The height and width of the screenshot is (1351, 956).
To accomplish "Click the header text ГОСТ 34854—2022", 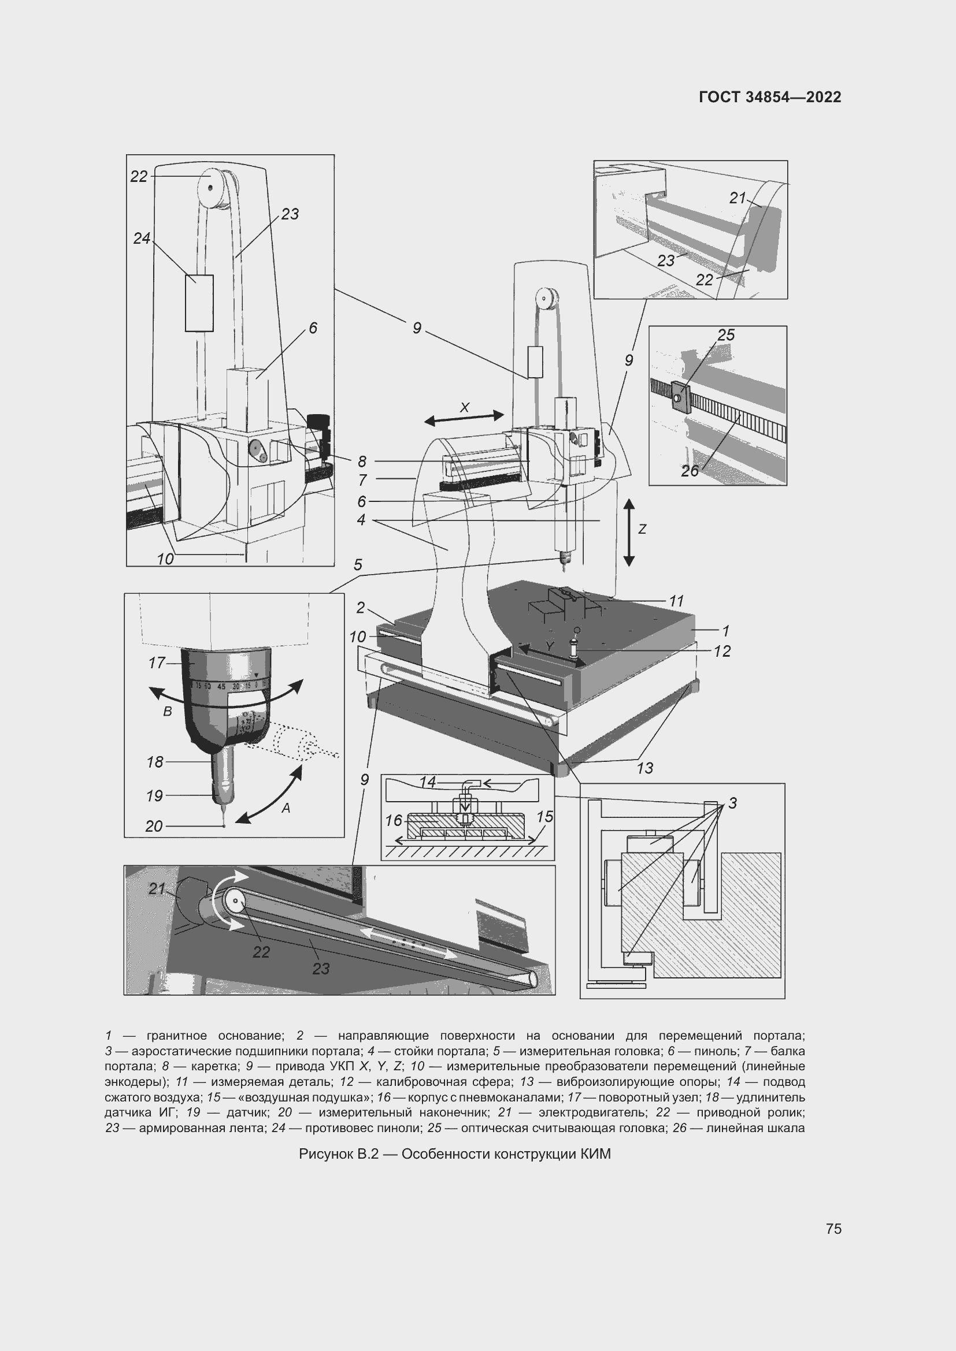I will click(769, 97).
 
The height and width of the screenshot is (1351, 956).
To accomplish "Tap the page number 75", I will click(833, 1229).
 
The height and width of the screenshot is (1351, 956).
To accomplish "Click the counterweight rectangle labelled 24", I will click(199, 303).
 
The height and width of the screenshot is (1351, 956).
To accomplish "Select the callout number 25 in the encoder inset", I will click(726, 335).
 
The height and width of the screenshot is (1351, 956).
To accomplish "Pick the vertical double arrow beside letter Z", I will click(629, 532).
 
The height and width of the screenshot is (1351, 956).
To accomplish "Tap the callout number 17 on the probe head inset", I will click(157, 663).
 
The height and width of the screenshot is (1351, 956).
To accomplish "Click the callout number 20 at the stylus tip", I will click(154, 826).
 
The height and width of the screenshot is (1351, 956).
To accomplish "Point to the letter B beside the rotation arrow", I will click(167, 712).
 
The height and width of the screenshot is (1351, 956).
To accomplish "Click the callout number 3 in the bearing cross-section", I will click(732, 803).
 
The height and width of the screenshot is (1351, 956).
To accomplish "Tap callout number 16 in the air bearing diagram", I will click(393, 820).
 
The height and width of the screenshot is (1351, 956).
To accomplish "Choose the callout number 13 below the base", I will click(644, 768).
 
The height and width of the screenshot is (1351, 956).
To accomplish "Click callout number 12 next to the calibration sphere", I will click(722, 652).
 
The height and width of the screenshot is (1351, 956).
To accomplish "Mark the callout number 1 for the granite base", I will click(725, 631).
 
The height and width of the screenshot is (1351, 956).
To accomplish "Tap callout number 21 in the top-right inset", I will click(738, 198).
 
